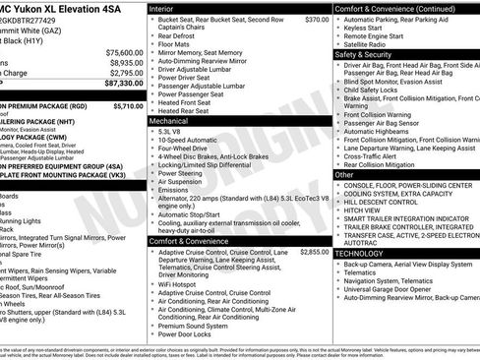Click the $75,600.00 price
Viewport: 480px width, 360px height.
(124, 52)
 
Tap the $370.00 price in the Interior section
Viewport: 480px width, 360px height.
(317, 19)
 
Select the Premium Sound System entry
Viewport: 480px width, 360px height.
(197, 325)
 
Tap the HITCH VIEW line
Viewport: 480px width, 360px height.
(365, 210)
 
